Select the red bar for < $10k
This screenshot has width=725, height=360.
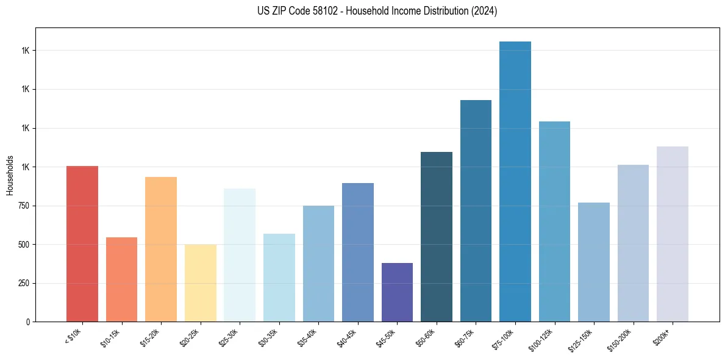coord(82,243)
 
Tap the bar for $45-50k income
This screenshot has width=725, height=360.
coord(397,292)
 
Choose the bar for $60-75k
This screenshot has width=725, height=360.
coord(476,211)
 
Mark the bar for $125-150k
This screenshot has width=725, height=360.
coord(594,262)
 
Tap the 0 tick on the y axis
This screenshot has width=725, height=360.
coord(28,322)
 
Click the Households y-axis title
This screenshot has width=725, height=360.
coord(10,175)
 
